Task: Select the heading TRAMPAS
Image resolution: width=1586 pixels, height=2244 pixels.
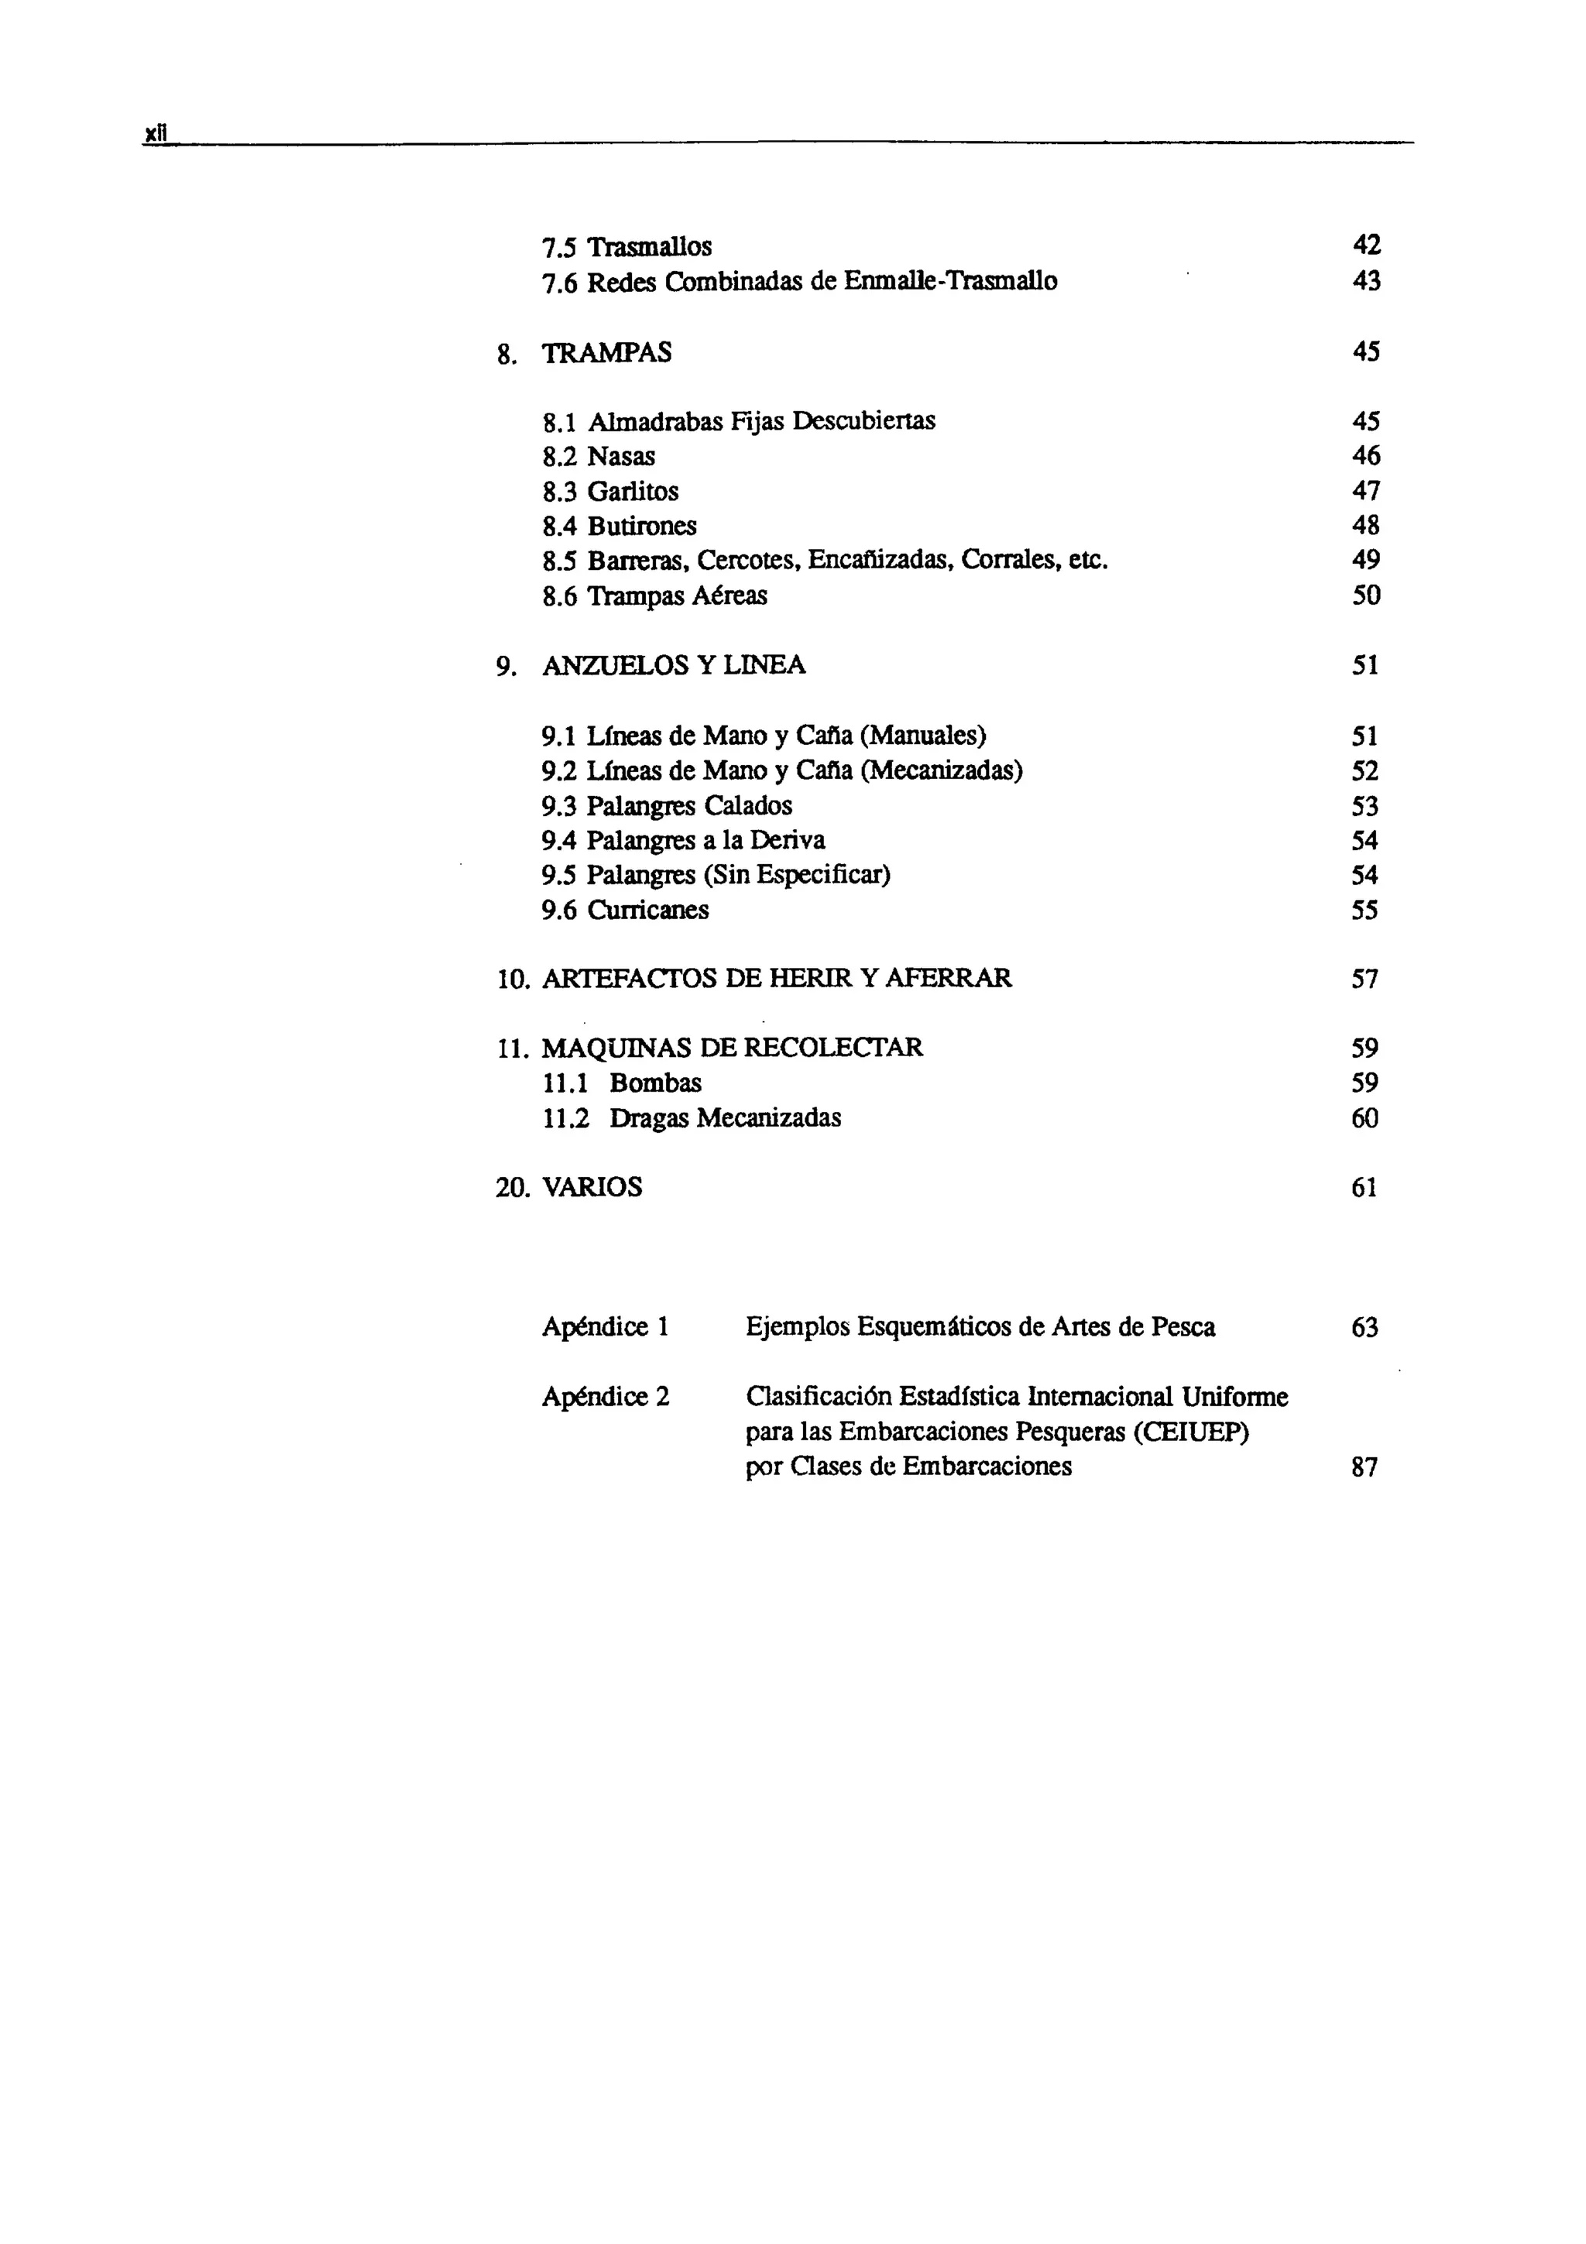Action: click(607, 353)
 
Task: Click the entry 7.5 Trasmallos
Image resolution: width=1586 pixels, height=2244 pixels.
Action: click(627, 246)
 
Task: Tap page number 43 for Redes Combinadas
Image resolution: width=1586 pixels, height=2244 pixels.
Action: click(1366, 282)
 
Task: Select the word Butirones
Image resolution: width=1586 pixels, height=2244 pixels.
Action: click(641, 526)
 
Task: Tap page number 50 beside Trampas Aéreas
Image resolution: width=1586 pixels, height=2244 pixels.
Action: click(1366, 595)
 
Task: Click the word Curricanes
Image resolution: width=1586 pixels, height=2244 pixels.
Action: click(648, 910)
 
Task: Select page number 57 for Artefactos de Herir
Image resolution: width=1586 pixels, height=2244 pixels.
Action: click(1365, 978)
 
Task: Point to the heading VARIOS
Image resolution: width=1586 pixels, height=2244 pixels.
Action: click(592, 1188)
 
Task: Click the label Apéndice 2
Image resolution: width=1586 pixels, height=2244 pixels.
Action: click(606, 1397)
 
